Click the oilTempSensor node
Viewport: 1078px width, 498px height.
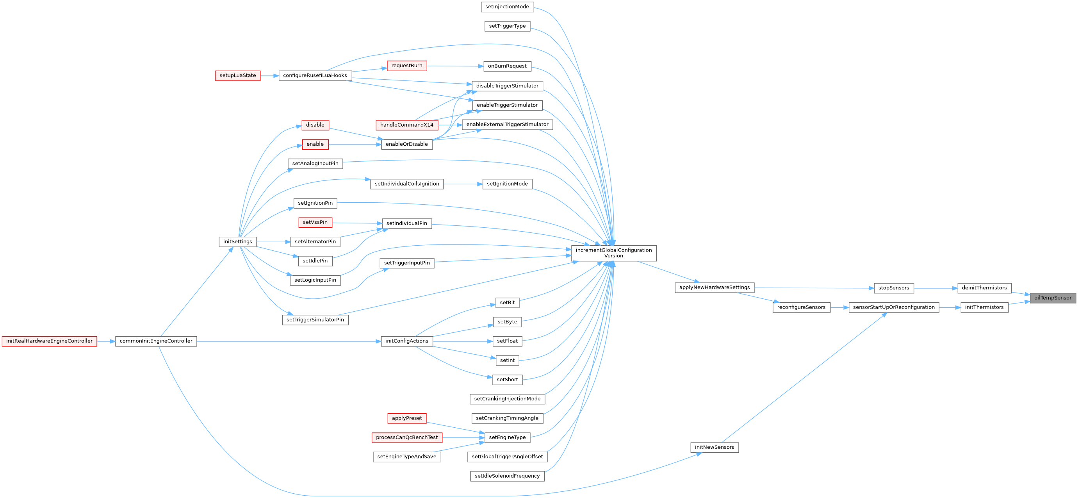point(1053,298)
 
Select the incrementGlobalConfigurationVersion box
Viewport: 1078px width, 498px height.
point(613,253)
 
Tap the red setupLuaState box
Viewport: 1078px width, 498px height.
point(238,76)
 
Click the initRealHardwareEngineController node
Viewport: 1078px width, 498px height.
point(49,341)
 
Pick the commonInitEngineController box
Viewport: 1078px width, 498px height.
point(156,341)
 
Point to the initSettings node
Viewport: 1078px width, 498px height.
point(237,242)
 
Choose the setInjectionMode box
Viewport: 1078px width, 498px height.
point(507,7)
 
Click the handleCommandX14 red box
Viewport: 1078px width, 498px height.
point(407,125)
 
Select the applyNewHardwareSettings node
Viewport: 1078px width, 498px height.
point(715,287)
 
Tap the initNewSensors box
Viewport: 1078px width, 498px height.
point(715,447)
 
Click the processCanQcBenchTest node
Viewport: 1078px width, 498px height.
point(407,437)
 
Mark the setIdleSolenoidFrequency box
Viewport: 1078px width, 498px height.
point(507,476)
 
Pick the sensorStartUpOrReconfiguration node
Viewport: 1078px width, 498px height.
point(893,307)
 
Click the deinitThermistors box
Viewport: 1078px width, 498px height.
point(984,288)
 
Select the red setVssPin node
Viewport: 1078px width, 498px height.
point(315,222)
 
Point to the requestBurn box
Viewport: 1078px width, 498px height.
point(407,66)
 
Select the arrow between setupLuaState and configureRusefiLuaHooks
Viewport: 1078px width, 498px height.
point(269,76)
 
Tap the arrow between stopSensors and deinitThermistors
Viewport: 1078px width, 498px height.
point(936,288)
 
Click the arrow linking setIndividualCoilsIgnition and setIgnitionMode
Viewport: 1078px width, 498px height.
point(463,184)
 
